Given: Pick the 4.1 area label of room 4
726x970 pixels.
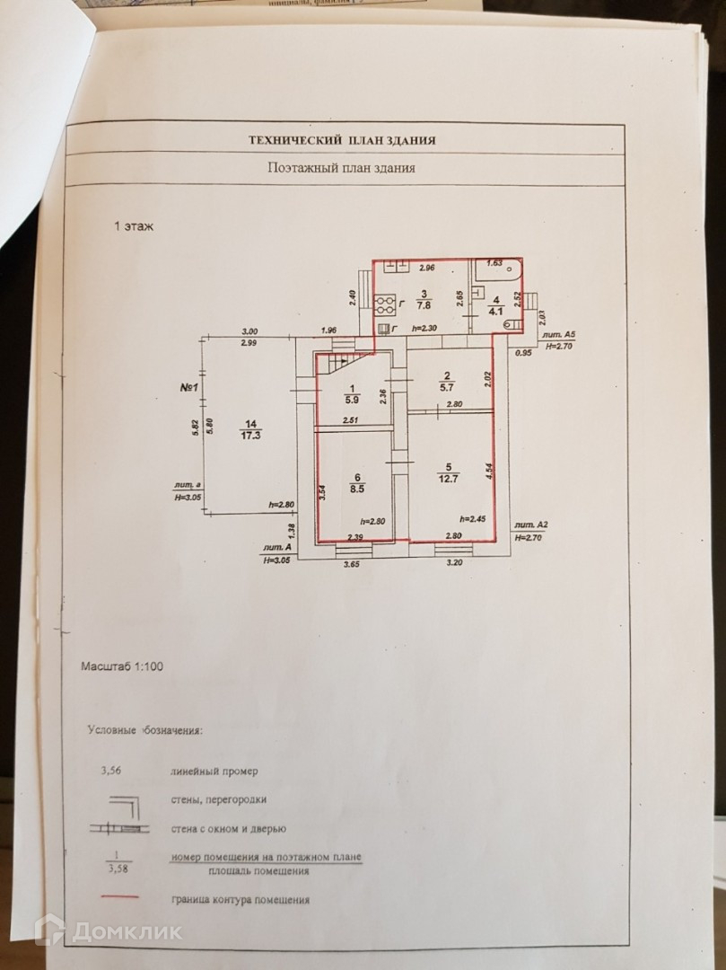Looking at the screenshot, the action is (494, 313).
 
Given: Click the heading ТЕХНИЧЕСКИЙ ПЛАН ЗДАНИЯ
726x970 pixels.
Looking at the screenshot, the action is (342, 140).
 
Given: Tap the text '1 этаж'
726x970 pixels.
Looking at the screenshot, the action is (134, 226).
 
